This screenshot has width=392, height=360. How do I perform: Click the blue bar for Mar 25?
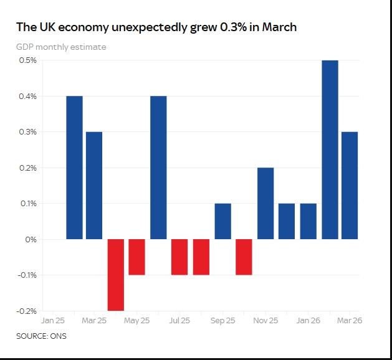point(94,186)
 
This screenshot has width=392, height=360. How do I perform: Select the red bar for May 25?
point(136,257)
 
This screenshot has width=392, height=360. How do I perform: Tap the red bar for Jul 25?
point(179,257)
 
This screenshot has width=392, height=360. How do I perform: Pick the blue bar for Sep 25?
point(222,221)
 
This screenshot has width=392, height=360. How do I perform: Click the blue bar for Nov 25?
point(265,204)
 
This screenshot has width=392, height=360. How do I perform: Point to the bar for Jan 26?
point(308,221)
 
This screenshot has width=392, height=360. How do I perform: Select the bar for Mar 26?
point(350,186)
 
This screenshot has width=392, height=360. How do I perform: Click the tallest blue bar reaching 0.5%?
point(330,149)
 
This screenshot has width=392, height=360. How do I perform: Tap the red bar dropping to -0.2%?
point(116,275)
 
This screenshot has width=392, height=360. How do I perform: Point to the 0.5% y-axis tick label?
point(28,60)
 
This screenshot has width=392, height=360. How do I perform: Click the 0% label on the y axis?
point(31,240)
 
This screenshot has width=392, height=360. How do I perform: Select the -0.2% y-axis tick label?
point(27,311)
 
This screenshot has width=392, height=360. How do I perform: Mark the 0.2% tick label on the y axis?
point(28,168)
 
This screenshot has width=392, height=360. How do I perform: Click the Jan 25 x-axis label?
point(53,320)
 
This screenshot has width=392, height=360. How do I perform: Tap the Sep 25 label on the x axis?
point(222,320)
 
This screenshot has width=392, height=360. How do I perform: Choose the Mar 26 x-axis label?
point(350,320)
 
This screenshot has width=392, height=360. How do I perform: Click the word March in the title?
point(279,27)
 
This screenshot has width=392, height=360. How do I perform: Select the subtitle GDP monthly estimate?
point(61,47)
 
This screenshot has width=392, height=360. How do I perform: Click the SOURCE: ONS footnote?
point(42,336)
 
